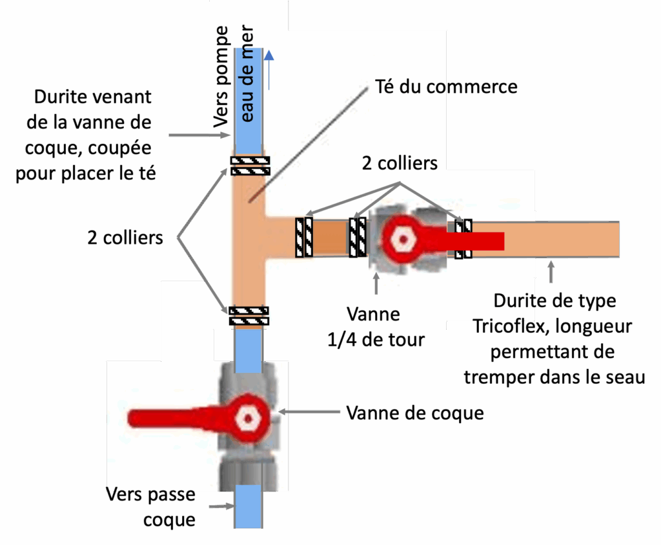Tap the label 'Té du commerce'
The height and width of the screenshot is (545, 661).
click(x=446, y=86)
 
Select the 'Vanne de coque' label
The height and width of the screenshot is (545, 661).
click(x=414, y=413)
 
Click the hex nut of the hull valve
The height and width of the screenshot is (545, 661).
click(x=247, y=417)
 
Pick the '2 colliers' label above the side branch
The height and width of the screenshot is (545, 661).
click(x=400, y=163)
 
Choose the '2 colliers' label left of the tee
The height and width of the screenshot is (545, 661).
click(x=125, y=237)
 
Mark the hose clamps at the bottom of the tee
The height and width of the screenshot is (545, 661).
click(x=249, y=315)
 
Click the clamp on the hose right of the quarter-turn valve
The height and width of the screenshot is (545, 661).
click(x=463, y=239)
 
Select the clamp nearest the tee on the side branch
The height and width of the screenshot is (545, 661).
click(x=304, y=238)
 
